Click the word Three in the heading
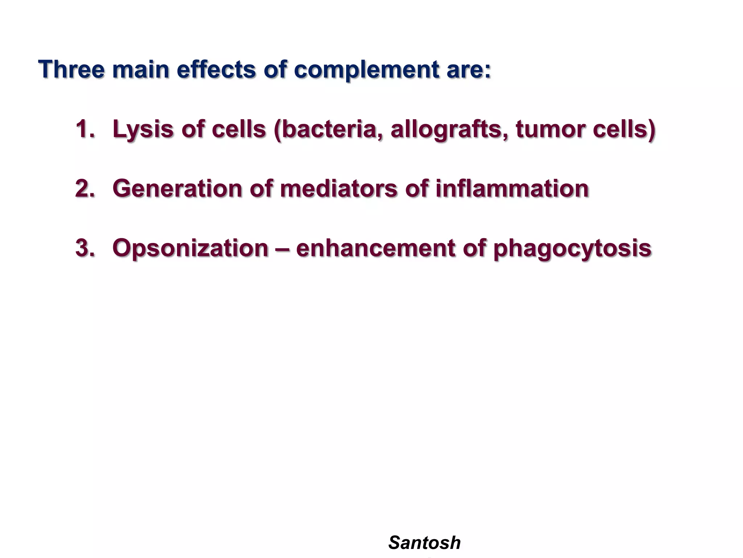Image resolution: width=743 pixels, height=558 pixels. pyautogui.click(x=71, y=69)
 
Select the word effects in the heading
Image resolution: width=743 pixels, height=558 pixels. pyautogui.click(x=216, y=69)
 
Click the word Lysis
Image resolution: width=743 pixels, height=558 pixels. pyautogui.click(x=143, y=129)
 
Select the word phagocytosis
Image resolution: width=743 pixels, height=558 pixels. pyautogui.click(x=572, y=248)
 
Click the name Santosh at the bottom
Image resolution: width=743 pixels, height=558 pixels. pyautogui.click(x=424, y=543)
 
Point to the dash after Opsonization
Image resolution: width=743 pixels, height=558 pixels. pyautogui.click(x=282, y=248)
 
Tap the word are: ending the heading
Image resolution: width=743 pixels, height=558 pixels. pyautogui.click(x=469, y=70)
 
